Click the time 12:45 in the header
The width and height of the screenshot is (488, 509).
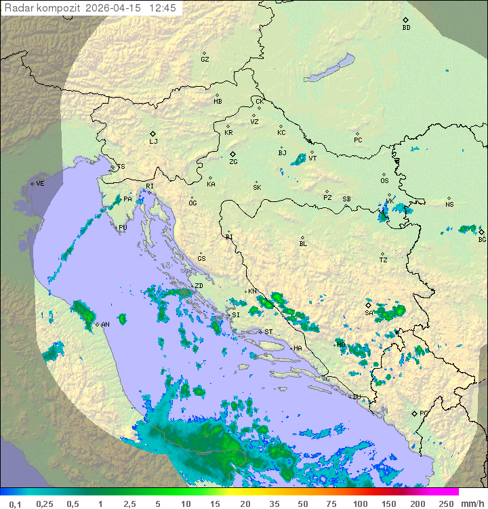click(x=163, y=8)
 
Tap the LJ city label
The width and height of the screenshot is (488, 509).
click(x=153, y=142)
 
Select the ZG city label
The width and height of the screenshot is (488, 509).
click(x=233, y=162)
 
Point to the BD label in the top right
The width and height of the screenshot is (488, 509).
click(x=406, y=28)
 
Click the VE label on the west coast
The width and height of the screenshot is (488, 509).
click(x=40, y=184)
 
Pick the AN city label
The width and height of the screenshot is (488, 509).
click(x=105, y=325)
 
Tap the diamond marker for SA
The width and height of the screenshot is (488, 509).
click(x=369, y=305)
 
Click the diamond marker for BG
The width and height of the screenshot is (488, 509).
click(x=482, y=231)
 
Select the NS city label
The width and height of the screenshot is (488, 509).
click(x=449, y=205)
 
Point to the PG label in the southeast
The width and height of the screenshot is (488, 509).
click(x=424, y=413)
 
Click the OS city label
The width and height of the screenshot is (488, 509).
click(x=384, y=181)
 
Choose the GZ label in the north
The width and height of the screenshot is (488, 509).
click(x=205, y=60)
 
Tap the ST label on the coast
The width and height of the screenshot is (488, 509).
click(x=268, y=331)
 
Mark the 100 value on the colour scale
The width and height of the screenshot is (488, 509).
click(x=361, y=504)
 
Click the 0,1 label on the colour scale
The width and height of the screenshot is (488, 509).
click(x=15, y=504)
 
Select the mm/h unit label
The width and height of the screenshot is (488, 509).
click(x=472, y=504)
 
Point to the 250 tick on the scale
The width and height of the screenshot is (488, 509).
click(x=446, y=504)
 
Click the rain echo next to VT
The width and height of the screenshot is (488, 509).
click(x=299, y=159)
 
